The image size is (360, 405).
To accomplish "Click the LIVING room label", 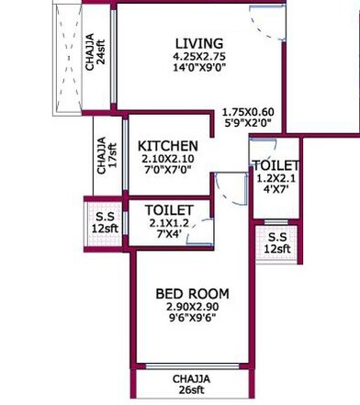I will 199,43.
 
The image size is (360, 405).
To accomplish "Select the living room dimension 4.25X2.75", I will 199,57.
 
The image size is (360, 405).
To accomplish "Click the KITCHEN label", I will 167,146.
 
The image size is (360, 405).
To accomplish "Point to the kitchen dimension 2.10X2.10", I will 167,160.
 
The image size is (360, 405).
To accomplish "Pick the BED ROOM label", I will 192,294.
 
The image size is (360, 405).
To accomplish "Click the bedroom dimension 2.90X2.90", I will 192,308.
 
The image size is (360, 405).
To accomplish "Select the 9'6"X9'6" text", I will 192,321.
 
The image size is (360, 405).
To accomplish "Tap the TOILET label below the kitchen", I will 169,210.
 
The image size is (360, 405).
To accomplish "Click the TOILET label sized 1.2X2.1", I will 274,165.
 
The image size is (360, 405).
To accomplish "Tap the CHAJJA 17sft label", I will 104,158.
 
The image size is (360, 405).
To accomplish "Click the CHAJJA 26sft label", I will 191,384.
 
